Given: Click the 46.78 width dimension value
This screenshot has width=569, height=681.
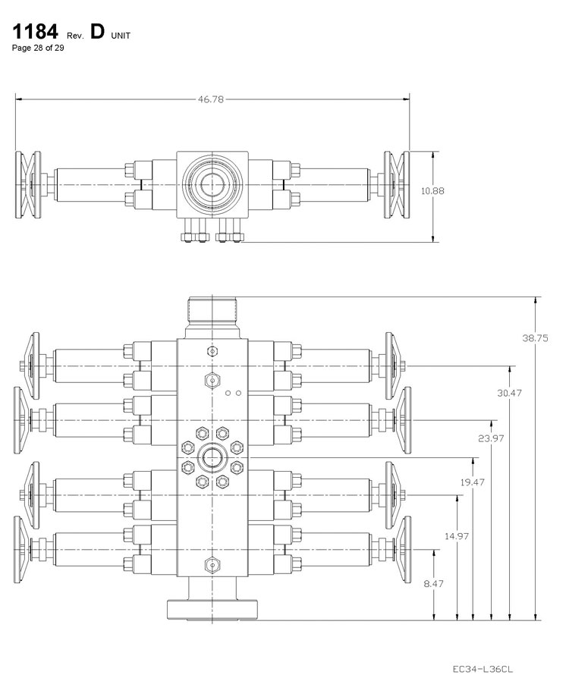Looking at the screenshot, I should (x=212, y=99).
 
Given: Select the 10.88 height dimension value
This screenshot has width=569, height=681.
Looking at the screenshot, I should (x=432, y=191).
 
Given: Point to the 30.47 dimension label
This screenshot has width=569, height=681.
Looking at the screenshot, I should (x=510, y=393).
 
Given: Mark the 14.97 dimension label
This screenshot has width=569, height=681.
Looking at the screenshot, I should (x=457, y=536).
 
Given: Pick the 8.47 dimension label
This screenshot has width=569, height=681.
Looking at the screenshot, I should (x=433, y=584).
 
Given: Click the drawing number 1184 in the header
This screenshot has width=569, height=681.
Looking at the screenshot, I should (x=33, y=34).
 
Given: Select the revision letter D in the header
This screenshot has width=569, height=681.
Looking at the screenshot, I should (x=96, y=34).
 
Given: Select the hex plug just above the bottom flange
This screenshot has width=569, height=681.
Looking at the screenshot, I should (x=212, y=564).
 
